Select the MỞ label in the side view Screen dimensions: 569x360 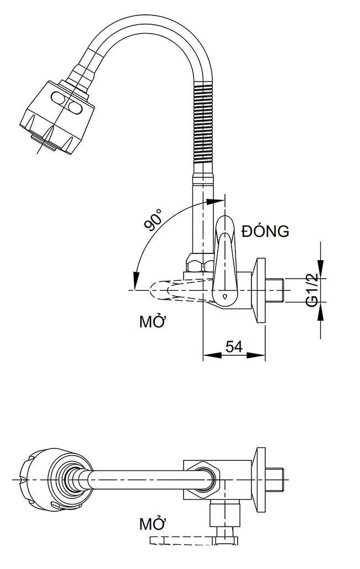pyautogui.click(x=153, y=322)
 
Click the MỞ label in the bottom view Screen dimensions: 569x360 pyautogui.click(x=153, y=523)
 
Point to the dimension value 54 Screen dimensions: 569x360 pyautogui.click(x=234, y=346)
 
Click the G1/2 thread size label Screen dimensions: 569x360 pyautogui.click(x=313, y=290)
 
